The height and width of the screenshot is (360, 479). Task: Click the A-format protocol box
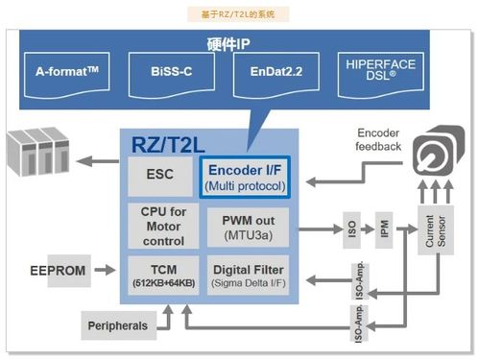point(75,73)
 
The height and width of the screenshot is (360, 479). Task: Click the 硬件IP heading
point(228,44)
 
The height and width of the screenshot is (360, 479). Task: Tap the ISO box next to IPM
point(351,230)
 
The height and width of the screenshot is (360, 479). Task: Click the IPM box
point(384,230)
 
